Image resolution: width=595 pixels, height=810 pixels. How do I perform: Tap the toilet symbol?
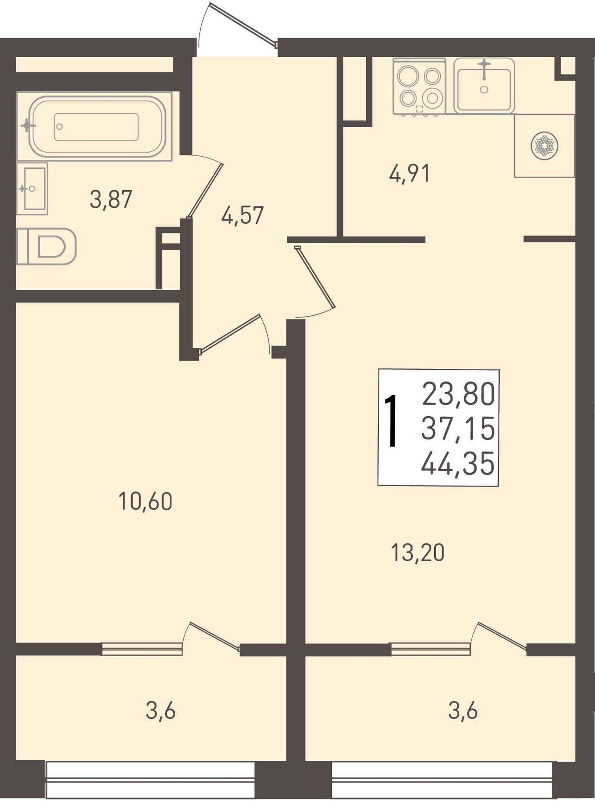(46, 246)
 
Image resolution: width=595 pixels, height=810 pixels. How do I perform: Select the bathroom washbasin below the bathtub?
(32, 188)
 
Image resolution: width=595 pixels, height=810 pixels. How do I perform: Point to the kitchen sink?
(484, 86)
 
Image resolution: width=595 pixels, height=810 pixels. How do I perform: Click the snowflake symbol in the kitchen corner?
(544, 146)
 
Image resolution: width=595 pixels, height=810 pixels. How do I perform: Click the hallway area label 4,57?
(243, 216)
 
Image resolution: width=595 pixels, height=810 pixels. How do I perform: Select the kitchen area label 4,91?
(409, 174)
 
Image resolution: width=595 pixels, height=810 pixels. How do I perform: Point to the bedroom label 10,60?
(145, 502)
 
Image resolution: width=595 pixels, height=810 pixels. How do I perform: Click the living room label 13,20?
(418, 553)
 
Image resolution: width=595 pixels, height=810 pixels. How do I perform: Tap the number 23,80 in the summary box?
(458, 394)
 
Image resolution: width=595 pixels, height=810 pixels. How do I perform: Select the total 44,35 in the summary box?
(457, 464)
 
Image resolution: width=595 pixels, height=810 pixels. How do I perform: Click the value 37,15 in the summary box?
(458, 429)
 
